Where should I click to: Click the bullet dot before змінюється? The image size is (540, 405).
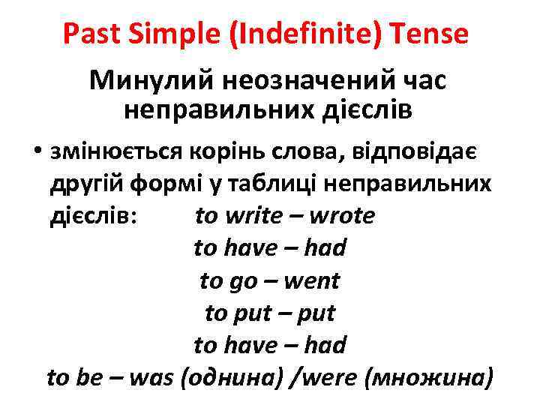[37, 152]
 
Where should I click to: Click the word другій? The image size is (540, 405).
[80, 184]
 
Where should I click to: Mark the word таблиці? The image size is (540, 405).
[282, 184]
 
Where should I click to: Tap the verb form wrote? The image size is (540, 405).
[341, 216]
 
